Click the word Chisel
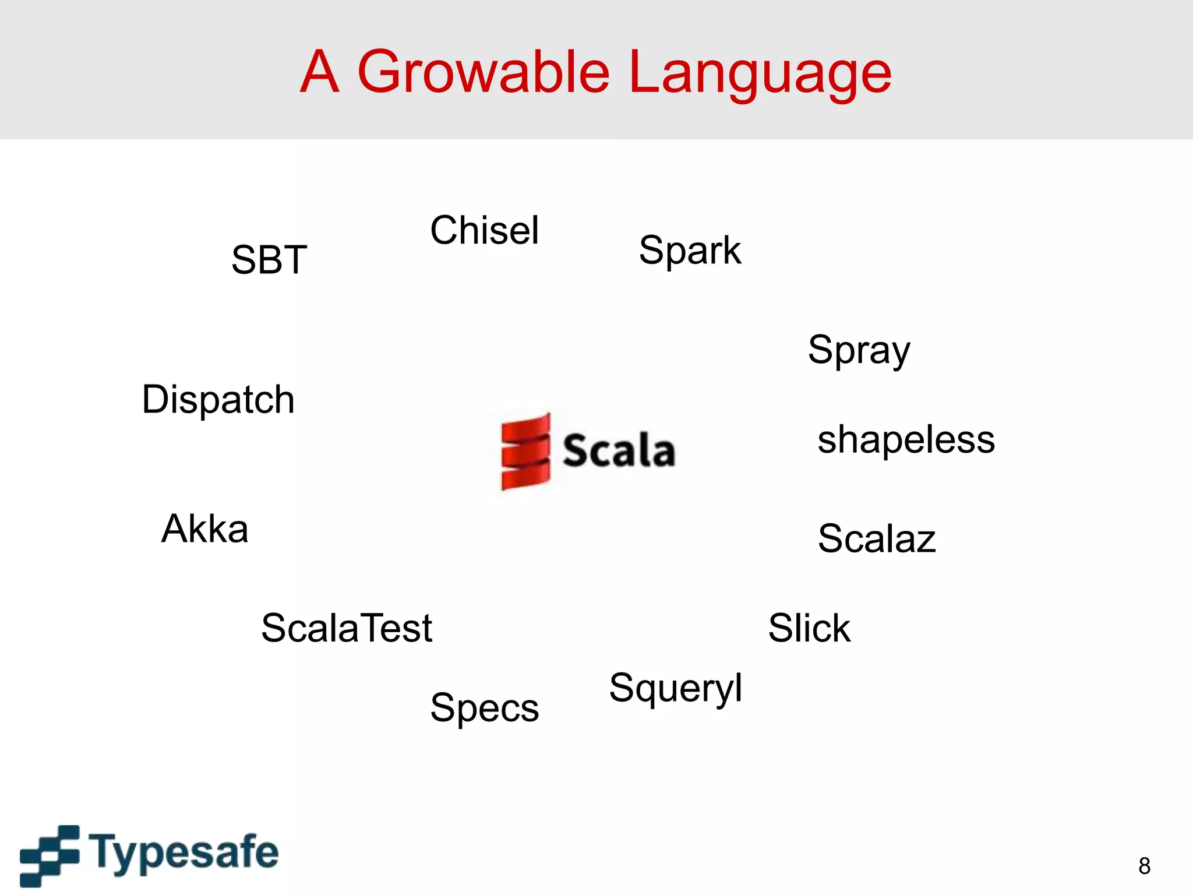[x=484, y=230]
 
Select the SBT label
[x=269, y=259]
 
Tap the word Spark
[x=690, y=251]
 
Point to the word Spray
[x=859, y=351]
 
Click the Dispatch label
[x=218, y=400]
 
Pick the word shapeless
[x=906, y=439]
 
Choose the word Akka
[x=204, y=529]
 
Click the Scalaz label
[x=876, y=538]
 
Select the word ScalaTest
[x=347, y=628]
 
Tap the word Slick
[x=809, y=628]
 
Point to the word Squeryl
[x=675, y=689]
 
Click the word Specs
[x=484, y=709]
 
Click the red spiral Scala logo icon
[x=525, y=451]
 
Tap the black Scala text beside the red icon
[x=619, y=451]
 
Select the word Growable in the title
[x=483, y=72]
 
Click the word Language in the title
[x=760, y=73]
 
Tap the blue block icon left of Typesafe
[x=50, y=855]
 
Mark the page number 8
[x=1144, y=866]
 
